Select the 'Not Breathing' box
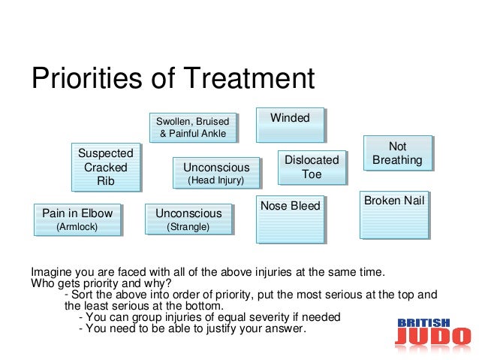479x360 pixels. tap(397, 153)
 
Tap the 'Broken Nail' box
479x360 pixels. tap(393, 214)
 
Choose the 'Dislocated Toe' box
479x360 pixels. tap(312, 167)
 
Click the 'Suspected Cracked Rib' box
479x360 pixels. tap(105, 167)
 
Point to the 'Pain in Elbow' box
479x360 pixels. tap(77, 219)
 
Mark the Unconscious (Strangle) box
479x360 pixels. tap(188, 219)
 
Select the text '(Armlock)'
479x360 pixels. tap(77, 226)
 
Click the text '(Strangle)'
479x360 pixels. tap(188, 226)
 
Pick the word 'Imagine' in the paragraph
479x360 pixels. tap(50, 271)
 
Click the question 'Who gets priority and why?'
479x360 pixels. tap(101, 283)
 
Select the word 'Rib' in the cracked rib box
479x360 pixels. tap(106, 181)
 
